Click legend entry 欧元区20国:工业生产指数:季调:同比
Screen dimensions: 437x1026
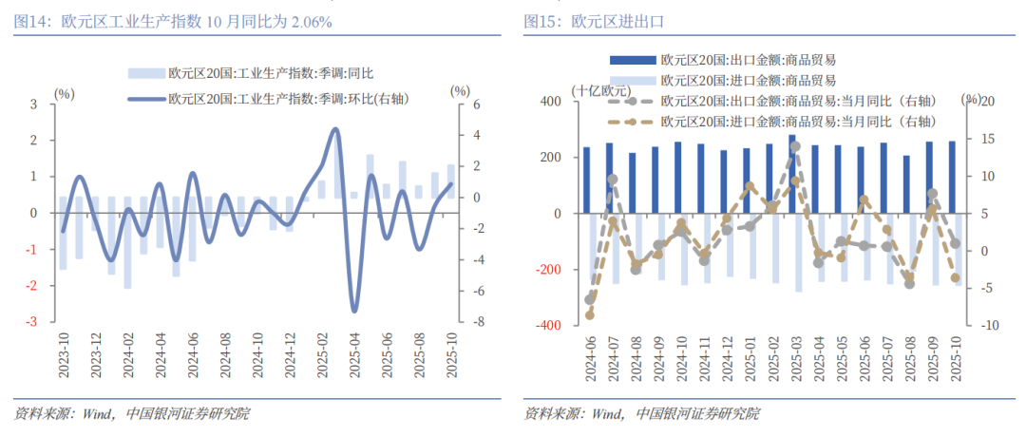[x=265, y=72]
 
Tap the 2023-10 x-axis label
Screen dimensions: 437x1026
[x=63, y=355]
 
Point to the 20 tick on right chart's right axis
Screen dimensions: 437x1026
[x=987, y=101]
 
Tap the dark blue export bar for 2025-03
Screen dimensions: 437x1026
[x=791, y=174]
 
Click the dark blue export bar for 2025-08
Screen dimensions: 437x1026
[x=906, y=184]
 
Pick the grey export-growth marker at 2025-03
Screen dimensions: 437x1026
[x=795, y=146]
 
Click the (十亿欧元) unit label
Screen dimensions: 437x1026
[x=600, y=90]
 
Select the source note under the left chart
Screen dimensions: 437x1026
[x=134, y=414]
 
